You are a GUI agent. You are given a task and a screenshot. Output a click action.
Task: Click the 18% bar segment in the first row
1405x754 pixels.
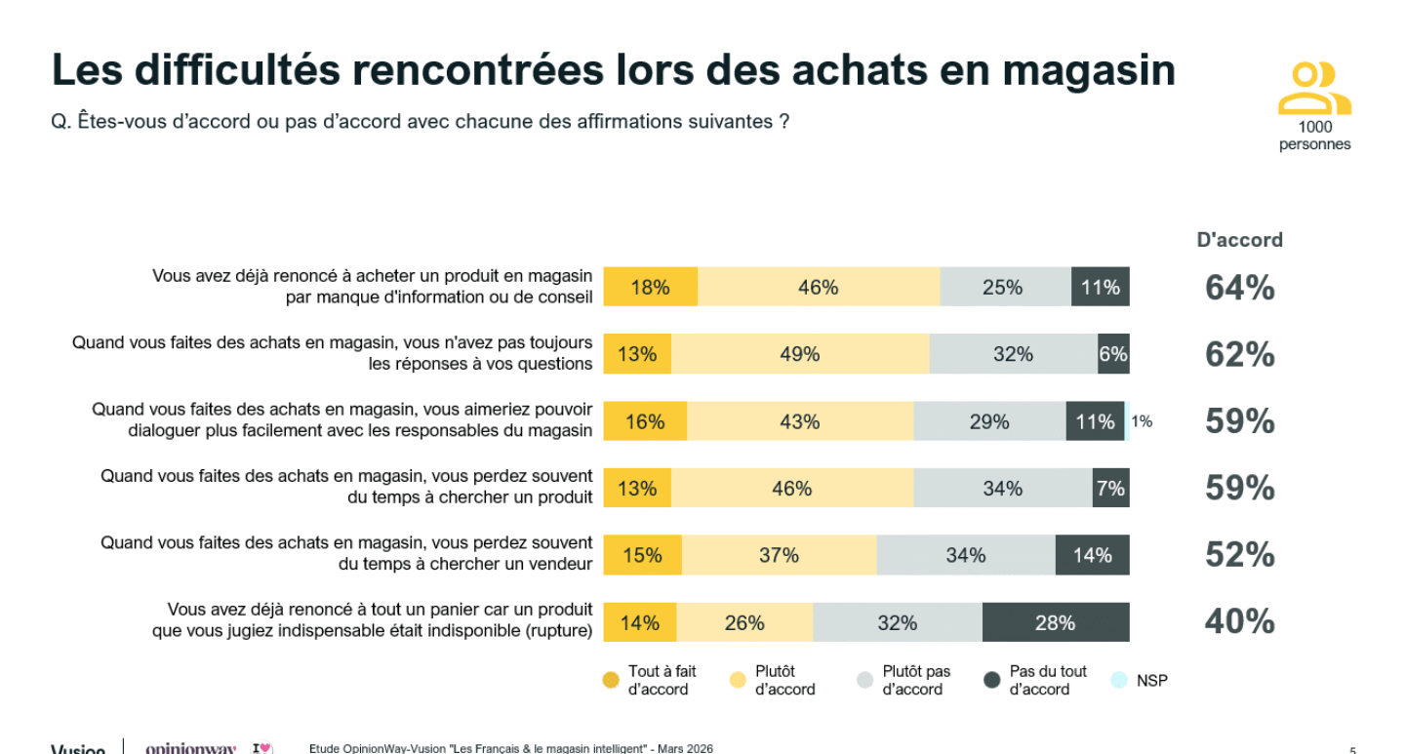click(x=650, y=287)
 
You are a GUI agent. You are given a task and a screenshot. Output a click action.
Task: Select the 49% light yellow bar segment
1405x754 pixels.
click(x=800, y=354)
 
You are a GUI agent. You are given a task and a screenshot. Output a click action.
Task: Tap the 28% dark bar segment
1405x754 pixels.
click(x=1056, y=622)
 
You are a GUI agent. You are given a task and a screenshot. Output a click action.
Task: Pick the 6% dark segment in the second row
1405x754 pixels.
click(x=1113, y=354)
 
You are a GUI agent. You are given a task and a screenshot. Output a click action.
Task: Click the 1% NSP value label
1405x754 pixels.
click(x=1142, y=421)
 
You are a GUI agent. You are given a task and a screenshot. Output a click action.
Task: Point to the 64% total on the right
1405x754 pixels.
click(x=1239, y=288)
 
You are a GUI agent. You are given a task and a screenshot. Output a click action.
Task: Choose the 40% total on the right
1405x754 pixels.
click(x=1239, y=621)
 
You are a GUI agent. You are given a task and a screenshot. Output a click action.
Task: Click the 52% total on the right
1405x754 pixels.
click(x=1239, y=555)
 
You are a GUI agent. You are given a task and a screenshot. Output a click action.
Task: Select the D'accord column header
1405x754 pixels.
click(x=1239, y=240)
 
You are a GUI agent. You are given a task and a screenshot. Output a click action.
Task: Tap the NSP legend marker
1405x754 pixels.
click(x=1119, y=681)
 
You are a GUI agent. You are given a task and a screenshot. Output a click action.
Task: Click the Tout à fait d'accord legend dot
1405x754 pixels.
click(x=611, y=681)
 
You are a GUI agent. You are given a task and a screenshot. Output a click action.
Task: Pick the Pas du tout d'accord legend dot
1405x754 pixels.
click(x=992, y=681)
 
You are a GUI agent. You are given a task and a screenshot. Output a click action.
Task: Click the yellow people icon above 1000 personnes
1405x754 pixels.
click(x=1314, y=89)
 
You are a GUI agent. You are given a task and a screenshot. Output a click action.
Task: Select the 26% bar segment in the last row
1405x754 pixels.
click(x=744, y=622)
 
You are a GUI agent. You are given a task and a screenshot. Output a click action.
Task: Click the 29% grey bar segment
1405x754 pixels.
click(x=989, y=421)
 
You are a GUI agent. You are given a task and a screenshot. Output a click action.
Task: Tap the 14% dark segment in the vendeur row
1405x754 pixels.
click(x=1092, y=555)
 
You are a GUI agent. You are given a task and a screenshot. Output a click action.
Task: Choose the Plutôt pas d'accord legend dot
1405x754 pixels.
click(x=865, y=681)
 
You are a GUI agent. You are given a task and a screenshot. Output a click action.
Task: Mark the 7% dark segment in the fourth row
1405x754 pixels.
click(x=1110, y=488)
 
